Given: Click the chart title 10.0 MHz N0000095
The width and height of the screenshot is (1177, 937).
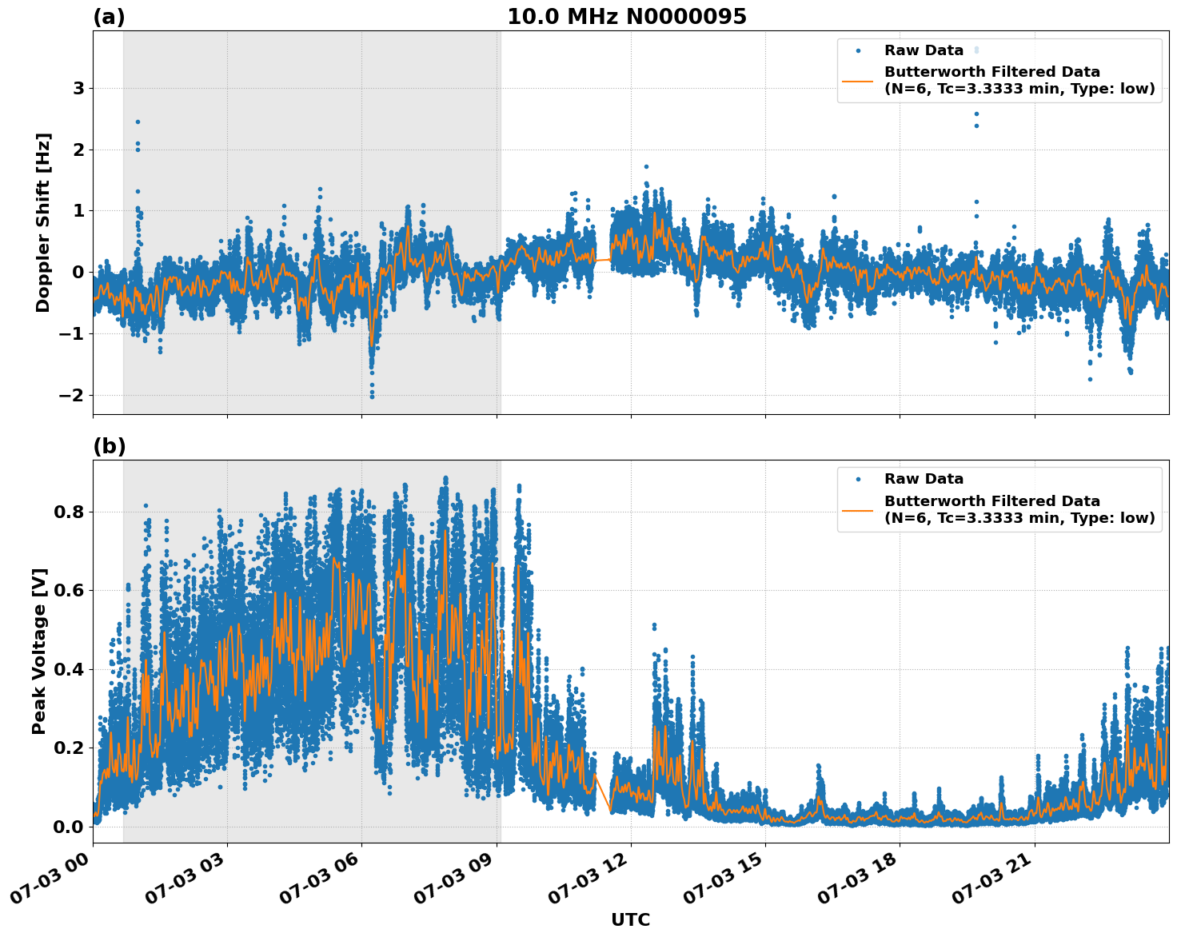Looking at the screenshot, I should click(x=626, y=17).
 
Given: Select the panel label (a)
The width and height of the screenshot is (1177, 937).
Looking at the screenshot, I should click(x=109, y=17).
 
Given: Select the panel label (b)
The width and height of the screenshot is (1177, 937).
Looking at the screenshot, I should click(x=109, y=446).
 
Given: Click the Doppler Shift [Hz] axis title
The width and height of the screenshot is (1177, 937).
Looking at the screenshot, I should click(x=43, y=222).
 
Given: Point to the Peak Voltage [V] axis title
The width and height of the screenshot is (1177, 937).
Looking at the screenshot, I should click(x=39, y=651).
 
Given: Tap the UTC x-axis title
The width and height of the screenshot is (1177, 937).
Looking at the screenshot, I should click(x=630, y=919).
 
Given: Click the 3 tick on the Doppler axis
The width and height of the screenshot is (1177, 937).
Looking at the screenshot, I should click(x=78, y=89).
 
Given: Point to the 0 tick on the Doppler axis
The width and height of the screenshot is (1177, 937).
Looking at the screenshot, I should click(x=78, y=273).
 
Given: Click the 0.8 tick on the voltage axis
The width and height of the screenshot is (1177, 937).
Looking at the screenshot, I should click(x=68, y=512).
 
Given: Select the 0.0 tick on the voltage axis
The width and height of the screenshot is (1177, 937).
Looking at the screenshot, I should click(x=68, y=827).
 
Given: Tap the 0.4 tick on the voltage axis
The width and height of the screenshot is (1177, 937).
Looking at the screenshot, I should click(x=68, y=669).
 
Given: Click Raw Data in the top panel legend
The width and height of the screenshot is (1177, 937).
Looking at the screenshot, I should click(x=924, y=50).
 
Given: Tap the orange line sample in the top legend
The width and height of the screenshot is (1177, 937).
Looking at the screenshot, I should click(x=857, y=81).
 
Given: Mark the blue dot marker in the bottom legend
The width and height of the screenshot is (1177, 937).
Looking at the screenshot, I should click(x=857, y=479).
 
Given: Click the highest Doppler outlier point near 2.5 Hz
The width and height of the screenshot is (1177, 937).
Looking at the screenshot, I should click(x=138, y=122).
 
